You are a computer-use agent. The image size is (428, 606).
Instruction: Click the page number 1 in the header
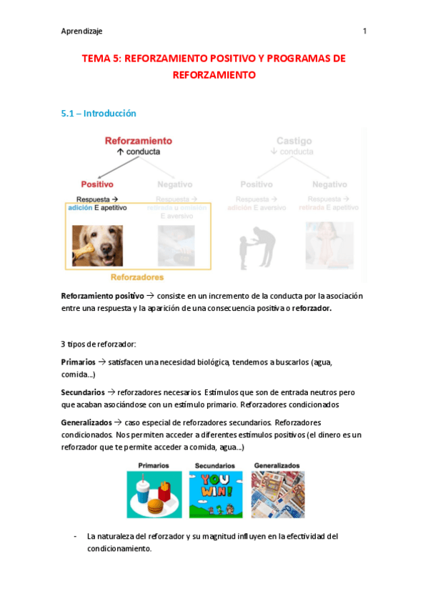tap(365, 31)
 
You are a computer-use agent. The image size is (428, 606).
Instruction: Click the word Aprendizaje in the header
tap(81, 31)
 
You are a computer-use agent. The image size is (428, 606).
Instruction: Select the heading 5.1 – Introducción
tap(99, 114)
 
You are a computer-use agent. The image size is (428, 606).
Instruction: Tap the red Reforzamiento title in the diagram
tap(138, 141)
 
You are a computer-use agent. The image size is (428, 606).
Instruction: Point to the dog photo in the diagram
tap(97, 246)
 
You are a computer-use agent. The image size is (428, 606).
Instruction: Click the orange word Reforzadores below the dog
tap(137, 277)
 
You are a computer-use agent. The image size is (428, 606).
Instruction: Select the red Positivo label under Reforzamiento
tap(97, 184)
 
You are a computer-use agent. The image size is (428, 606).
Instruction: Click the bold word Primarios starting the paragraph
tap(78, 362)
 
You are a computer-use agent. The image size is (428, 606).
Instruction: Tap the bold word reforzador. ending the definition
tap(312, 309)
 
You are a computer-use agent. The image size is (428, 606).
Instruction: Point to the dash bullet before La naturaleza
tap(76, 536)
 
